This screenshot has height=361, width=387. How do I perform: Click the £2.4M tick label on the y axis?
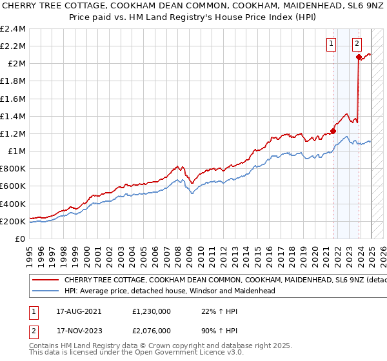coord(14,29)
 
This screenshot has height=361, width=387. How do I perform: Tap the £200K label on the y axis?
coord(14,221)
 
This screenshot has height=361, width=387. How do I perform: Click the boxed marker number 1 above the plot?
coord(331,44)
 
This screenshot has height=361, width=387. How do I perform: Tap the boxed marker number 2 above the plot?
coord(356,44)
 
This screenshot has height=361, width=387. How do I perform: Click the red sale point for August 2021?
coord(333,131)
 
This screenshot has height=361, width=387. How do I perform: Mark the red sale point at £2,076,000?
coord(359,57)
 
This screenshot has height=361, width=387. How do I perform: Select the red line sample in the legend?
coord(45,280)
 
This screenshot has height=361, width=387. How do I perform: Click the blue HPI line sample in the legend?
coord(45,291)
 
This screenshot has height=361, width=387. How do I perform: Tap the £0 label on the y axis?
coord(20,239)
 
